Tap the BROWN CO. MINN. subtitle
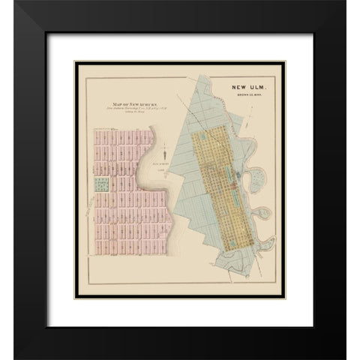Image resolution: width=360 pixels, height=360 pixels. pos(240,100)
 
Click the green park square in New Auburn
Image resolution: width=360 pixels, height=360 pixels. pos(98,182)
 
